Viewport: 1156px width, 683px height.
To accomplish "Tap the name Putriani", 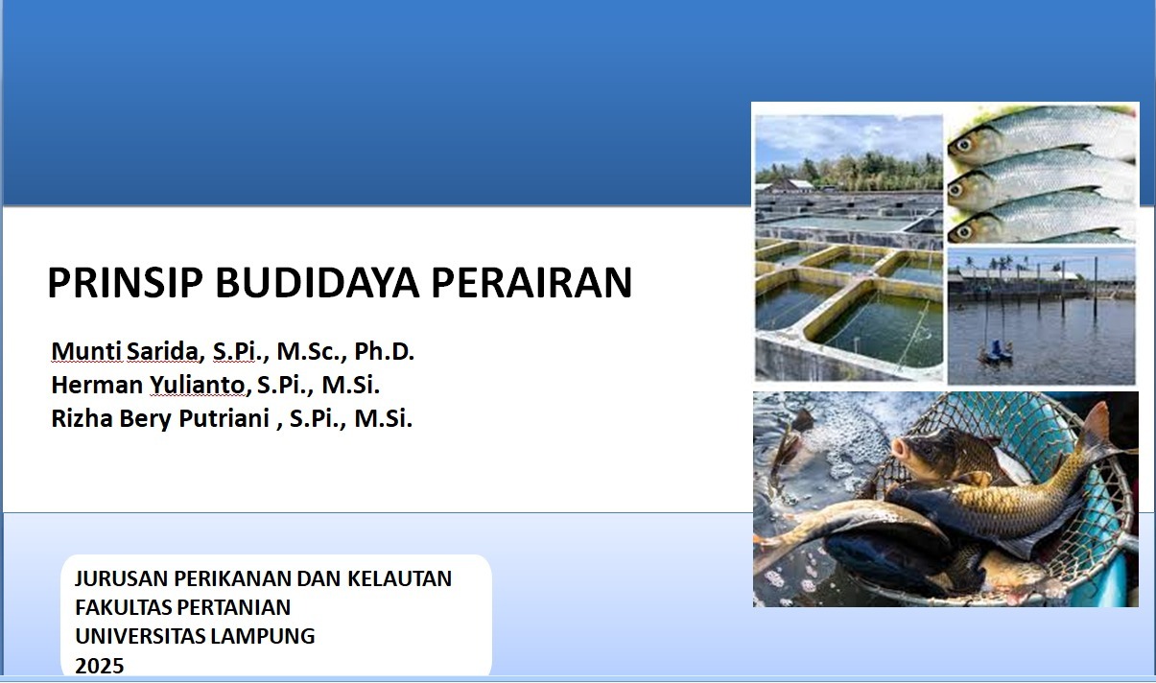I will (x=224, y=419).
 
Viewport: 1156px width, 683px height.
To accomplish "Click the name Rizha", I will (x=80, y=419).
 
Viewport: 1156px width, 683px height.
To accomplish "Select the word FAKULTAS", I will (x=121, y=607).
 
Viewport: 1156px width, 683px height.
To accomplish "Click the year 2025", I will (x=100, y=665).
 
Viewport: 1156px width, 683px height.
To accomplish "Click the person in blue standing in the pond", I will (x=996, y=347).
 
